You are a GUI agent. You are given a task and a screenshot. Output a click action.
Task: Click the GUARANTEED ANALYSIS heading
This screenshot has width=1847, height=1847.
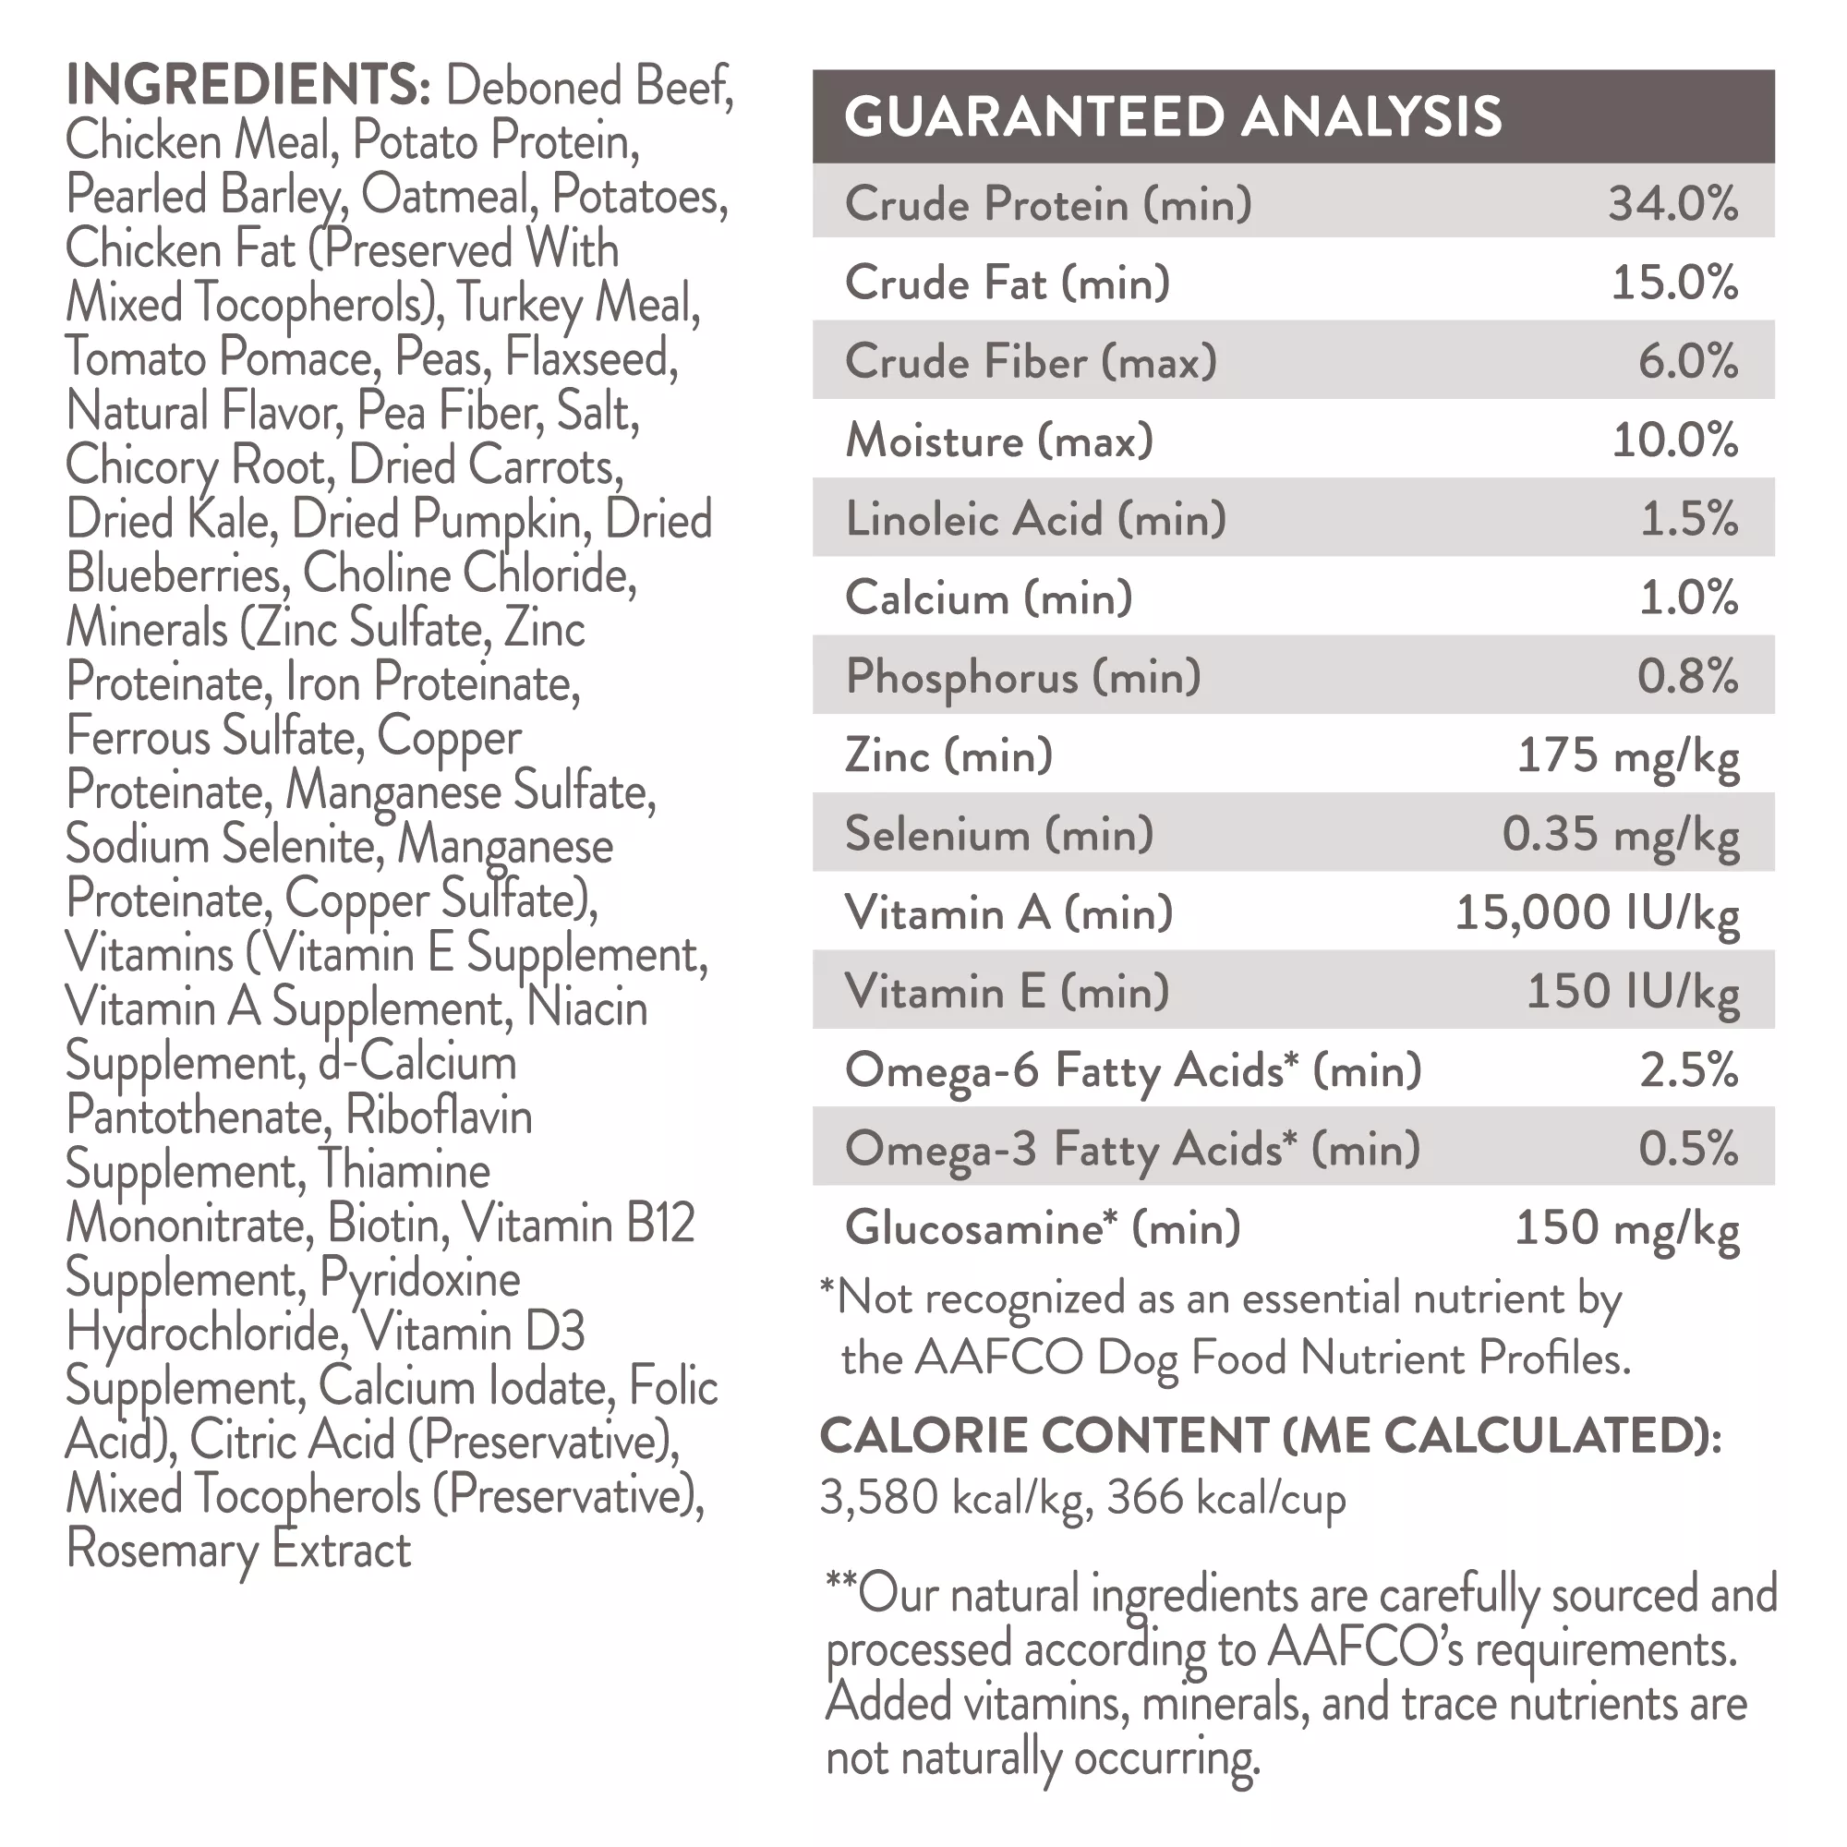1172,116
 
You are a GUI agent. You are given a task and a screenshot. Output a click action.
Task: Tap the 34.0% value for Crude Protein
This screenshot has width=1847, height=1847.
1672,203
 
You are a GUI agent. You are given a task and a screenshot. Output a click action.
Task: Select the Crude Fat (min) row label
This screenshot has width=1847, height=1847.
1007,283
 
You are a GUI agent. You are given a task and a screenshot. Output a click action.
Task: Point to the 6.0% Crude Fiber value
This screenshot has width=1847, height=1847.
1687,361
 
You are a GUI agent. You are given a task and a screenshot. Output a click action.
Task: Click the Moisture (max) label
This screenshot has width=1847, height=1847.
999,441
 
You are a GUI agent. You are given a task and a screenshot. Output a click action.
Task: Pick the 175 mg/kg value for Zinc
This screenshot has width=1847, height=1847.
1628,756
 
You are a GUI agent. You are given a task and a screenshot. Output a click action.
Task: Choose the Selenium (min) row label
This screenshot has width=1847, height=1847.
999,835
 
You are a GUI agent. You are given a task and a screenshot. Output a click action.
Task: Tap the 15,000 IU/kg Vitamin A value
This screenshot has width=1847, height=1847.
1597,913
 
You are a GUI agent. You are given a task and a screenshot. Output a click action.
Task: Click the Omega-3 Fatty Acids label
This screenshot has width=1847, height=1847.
1132,1149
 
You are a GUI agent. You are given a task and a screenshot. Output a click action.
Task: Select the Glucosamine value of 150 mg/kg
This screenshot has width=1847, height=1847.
1627,1228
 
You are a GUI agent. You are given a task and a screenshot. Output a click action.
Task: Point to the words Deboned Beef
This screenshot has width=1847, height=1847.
589,86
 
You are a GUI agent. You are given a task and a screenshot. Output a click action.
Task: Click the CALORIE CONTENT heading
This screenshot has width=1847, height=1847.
1271,1436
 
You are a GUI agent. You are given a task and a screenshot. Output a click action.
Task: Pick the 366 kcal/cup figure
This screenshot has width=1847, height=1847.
1225,1497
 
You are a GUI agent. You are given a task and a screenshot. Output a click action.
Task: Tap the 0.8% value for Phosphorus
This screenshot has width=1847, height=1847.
1687,677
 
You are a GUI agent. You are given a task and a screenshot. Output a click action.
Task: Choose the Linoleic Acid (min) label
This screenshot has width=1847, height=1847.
1035,519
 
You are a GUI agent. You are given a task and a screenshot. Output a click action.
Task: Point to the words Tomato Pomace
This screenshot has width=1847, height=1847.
219,357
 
